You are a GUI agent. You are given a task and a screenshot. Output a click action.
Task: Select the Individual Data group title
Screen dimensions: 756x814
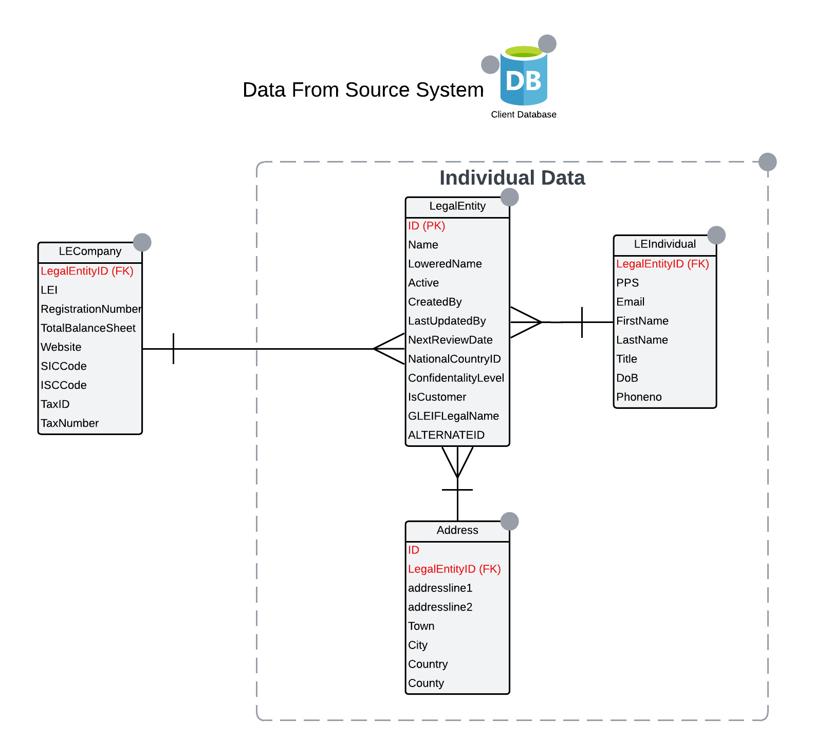(512, 178)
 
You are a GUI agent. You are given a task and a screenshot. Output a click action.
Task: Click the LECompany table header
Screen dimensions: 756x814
(90, 251)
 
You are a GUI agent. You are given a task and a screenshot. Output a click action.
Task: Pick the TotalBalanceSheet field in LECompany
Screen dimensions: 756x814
(88, 328)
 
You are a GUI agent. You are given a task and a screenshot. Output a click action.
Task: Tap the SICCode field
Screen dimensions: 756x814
(64, 366)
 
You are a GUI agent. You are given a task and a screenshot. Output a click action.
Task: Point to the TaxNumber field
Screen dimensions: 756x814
(69, 423)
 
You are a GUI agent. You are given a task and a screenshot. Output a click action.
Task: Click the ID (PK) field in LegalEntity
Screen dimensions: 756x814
(427, 226)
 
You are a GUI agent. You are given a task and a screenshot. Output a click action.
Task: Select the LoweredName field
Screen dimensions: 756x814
(445, 264)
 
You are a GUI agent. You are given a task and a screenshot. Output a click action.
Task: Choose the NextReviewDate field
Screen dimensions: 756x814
(450, 340)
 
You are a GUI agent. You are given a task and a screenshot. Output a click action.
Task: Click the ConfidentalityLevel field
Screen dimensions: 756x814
(456, 378)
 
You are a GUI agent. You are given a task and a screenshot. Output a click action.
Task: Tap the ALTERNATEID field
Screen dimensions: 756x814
(446, 435)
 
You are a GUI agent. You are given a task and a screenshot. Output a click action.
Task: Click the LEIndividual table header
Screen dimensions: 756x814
(664, 244)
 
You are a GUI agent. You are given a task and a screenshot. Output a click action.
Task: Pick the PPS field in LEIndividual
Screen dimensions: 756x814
(627, 283)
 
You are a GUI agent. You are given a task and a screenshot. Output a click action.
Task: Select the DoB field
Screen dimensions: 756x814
(627, 378)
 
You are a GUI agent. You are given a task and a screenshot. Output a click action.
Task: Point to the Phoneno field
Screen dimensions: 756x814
(639, 397)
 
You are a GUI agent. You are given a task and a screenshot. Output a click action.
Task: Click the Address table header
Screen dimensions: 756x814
(457, 530)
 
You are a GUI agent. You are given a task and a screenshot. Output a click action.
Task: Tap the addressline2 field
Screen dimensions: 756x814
(440, 607)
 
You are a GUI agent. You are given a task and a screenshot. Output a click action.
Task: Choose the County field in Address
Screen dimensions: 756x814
(426, 683)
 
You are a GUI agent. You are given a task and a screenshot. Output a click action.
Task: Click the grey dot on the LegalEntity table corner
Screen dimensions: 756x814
(510, 197)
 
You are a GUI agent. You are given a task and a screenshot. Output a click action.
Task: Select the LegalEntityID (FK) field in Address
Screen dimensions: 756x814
(454, 569)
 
